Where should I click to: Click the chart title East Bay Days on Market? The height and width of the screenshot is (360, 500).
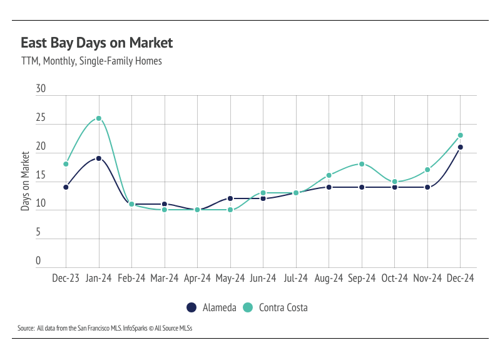click(x=96, y=43)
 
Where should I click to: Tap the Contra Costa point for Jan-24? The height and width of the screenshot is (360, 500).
click(x=98, y=118)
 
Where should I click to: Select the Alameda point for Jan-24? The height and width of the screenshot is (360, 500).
click(x=98, y=158)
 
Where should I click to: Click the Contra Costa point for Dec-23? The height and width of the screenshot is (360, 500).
click(x=66, y=164)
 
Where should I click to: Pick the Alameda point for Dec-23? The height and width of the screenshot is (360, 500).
click(x=66, y=187)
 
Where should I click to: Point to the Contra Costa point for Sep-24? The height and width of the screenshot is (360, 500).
click(x=362, y=164)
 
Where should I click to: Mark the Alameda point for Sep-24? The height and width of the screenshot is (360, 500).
click(x=362, y=187)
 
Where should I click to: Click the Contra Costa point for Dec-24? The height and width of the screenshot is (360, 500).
click(x=461, y=135)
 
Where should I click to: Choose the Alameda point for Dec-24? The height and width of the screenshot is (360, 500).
click(x=461, y=147)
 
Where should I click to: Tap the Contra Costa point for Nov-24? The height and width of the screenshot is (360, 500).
click(x=428, y=170)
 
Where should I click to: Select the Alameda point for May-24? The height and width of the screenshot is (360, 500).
click(x=230, y=198)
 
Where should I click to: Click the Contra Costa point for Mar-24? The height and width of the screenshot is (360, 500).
click(x=165, y=210)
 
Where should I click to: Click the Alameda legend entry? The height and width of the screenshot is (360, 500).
click(x=210, y=307)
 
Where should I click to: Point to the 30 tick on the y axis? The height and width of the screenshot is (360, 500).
click(x=41, y=90)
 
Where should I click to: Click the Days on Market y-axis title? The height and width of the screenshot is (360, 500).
click(x=26, y=180)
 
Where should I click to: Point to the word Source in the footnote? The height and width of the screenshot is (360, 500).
click(x=26, y=328)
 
